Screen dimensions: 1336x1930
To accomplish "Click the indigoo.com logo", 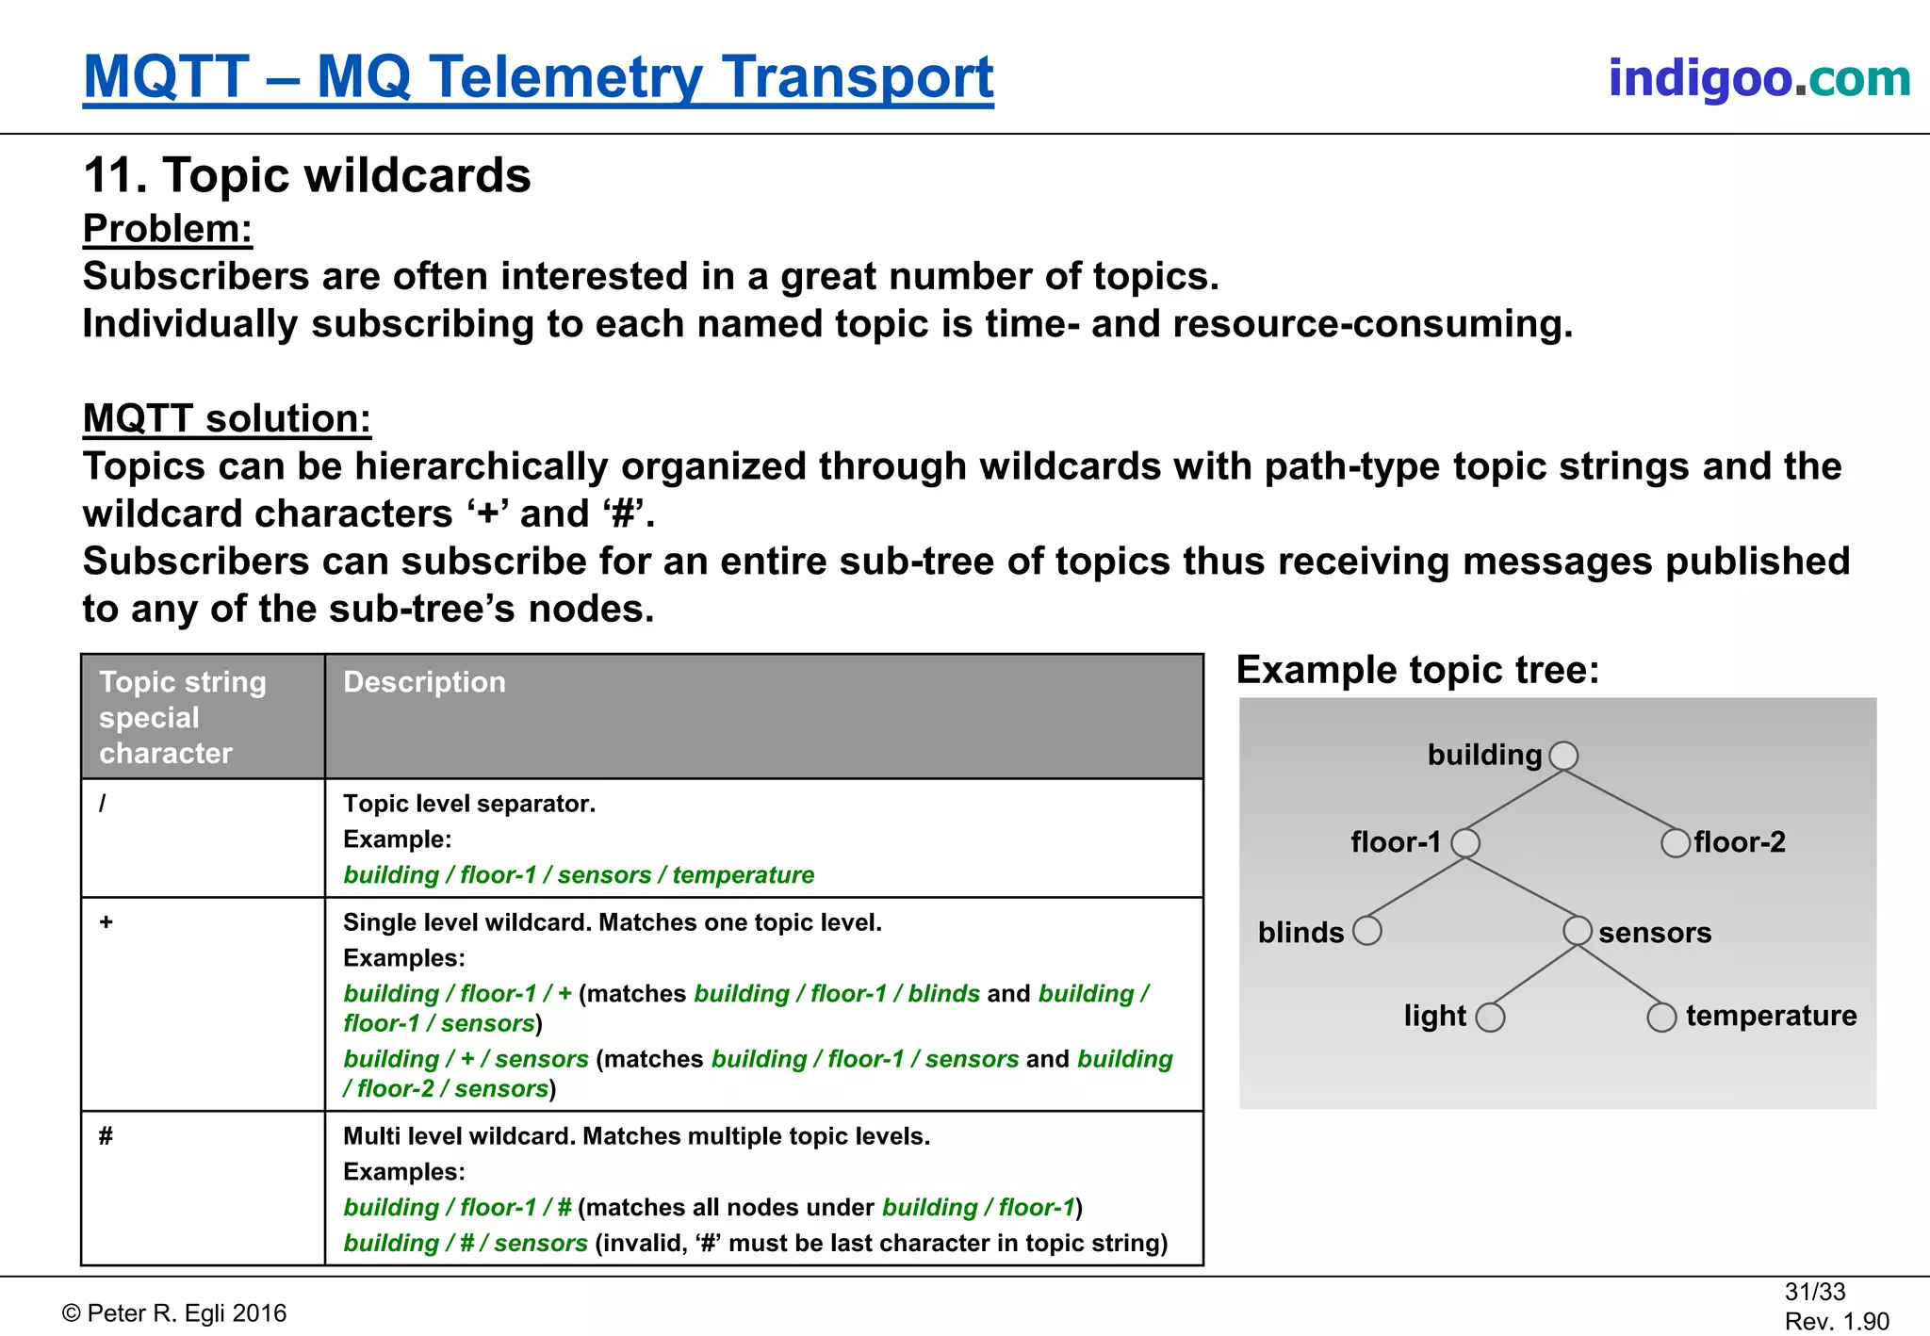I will pos(1758,78).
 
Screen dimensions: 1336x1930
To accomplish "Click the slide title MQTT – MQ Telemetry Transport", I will pos(538,77).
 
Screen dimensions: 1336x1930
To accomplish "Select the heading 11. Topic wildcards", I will pos(307,175).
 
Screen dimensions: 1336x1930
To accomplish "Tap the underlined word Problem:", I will pos(168,229).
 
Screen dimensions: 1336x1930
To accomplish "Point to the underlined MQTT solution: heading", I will pos(227,418).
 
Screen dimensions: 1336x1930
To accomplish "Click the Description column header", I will pos(424,682).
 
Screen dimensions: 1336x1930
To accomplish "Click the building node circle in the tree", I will pos(1563,756).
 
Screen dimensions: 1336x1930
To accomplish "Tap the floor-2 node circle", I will pos(1675,842).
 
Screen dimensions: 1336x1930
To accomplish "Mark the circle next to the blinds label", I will pos(1366,931).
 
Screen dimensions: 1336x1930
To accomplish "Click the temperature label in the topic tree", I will pos(1771,1016).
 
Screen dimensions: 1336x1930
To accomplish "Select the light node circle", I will pos(1490,1018).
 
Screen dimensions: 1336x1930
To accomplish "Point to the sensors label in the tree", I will pos(1655,933).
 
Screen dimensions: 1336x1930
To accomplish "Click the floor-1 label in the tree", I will pos(1396,842).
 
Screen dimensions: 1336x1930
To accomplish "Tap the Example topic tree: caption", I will pos(1417,670).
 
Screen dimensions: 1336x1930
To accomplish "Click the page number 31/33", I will pos(1814,1292).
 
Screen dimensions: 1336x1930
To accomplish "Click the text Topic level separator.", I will pos(468,804).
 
